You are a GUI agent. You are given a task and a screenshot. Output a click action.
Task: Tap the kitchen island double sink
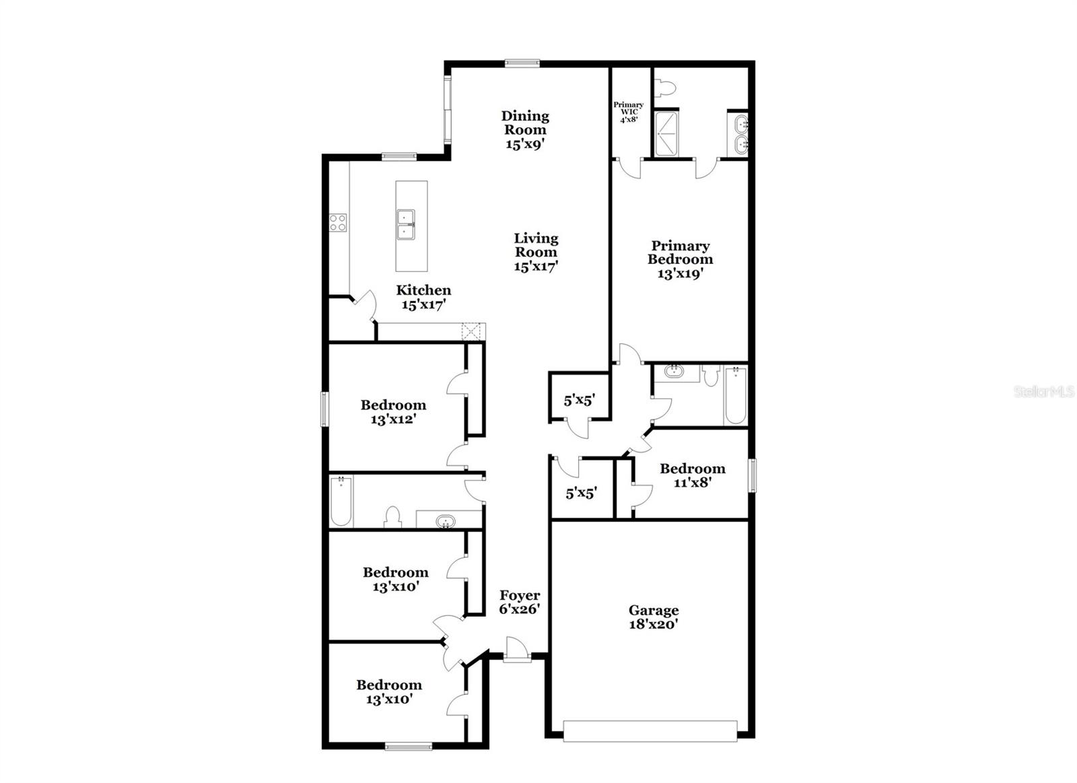click(x=406, y=225)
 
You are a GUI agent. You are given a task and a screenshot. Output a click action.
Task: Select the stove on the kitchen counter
click(x=337, y=223)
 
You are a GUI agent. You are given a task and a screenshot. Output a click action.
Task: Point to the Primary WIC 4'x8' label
click(x=628, y=112)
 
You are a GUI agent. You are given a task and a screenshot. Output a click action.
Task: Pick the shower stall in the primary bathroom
click(x=667, y=133)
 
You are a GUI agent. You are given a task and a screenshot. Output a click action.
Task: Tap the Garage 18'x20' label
click(x=653, y=617)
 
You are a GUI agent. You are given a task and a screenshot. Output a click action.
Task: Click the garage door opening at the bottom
click(x=650, y=731)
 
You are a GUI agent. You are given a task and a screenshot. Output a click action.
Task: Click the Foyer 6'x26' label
click(x=520, y=603)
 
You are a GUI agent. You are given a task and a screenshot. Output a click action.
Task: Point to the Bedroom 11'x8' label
click(x=692, y=475)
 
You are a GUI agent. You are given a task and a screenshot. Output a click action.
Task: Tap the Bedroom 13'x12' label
click(x=393, y=412)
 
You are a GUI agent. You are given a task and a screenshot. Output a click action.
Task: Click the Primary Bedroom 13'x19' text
click(x=680, y=259)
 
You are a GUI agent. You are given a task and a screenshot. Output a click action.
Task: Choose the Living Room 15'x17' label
click(x=536, y=252)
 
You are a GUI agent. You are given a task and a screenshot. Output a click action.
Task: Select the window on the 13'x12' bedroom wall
click(x=324, y=409)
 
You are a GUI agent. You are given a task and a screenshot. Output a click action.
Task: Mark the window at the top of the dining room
click(x=522, y=63)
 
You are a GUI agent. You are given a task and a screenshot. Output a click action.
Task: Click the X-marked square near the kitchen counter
click(x=472, y=331)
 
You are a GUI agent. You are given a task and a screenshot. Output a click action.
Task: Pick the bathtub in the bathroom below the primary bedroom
click(x=736, y=396)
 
